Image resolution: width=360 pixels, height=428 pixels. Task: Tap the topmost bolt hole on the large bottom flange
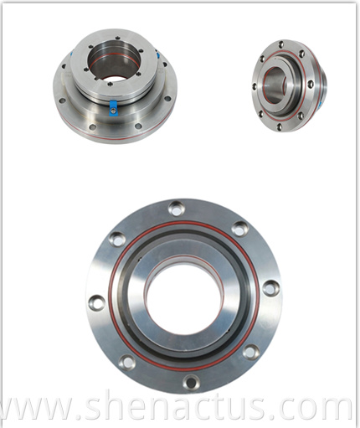click(176, 208)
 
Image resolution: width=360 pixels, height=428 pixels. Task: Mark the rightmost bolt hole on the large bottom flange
click(270, 287)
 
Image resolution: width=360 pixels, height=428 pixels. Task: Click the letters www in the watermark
click(43, 409)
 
